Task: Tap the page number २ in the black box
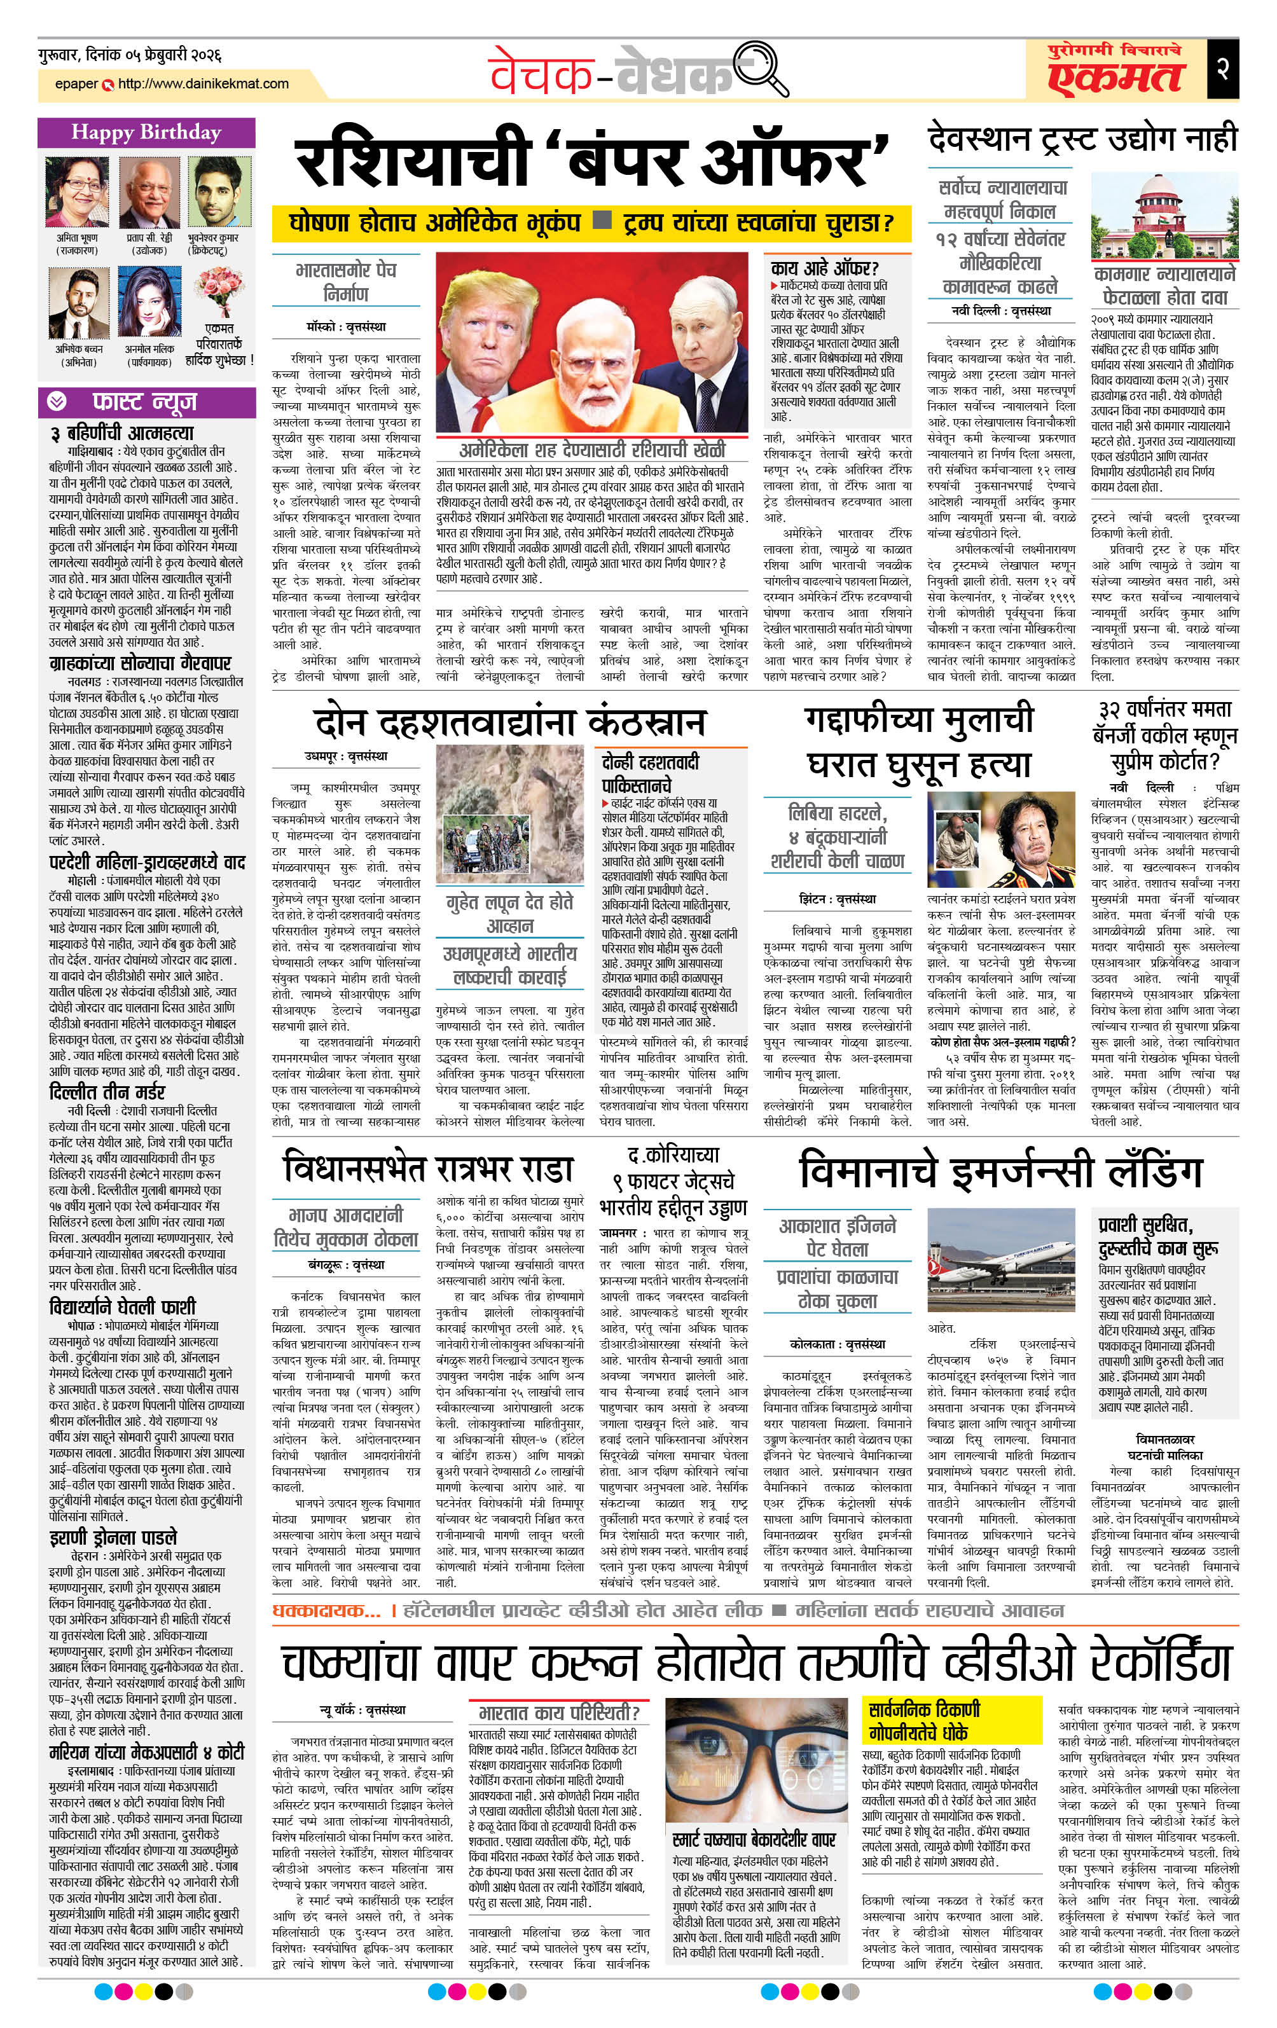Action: point(1223,68)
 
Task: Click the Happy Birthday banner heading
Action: point(146,132)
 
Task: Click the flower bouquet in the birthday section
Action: point(218,291)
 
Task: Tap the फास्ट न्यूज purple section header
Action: point(146,403)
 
